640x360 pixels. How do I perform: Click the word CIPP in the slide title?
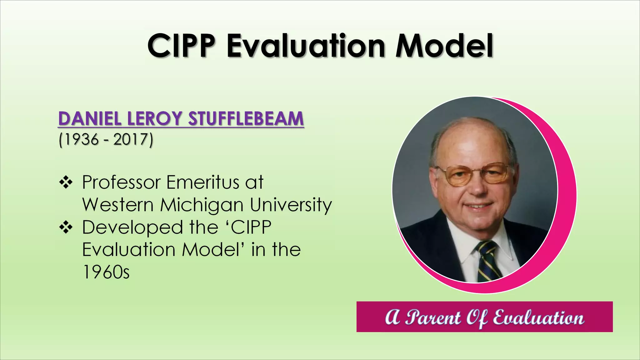tap(181, 46)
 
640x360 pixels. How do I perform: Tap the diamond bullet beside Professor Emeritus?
tap(66, 182)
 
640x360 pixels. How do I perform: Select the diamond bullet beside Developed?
tap(66, 227)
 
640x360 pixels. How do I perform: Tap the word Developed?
tap(132, 227)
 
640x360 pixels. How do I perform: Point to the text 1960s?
tap(106, 272)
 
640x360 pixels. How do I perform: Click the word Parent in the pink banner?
tap(433, 318)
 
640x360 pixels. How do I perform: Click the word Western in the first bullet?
tap(118, 205)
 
